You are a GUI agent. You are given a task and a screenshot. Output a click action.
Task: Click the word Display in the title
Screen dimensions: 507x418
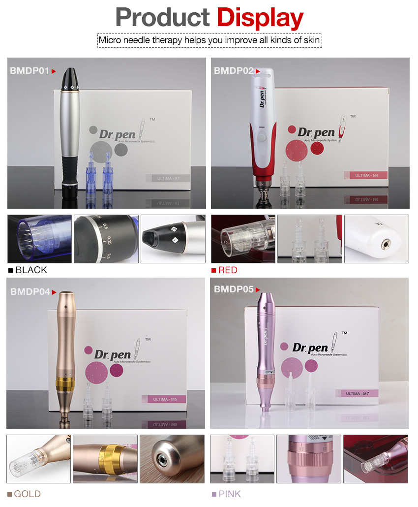point(260,18)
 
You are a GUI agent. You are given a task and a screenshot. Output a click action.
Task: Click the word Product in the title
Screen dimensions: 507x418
point(163,18)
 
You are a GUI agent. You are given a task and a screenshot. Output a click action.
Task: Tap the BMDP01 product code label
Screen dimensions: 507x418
point(30,71)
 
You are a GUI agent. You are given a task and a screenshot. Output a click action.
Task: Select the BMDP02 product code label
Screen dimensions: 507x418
point(233,71)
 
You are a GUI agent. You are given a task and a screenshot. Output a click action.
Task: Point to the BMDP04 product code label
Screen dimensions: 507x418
point(30,292)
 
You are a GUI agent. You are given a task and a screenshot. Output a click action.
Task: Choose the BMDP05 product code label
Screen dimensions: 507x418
point(234,289)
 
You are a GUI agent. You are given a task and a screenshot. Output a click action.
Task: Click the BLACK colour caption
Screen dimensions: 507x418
point(31,270)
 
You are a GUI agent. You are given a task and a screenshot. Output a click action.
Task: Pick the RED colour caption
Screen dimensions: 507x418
point(228,270)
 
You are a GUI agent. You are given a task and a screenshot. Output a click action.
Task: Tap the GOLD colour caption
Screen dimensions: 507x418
point(27,494)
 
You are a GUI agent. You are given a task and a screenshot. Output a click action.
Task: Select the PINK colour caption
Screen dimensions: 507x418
point(230,494)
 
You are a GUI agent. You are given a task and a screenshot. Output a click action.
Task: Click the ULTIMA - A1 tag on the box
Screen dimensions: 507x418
point(168,179)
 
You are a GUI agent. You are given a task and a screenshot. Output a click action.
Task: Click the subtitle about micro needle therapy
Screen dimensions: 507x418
point(209,40)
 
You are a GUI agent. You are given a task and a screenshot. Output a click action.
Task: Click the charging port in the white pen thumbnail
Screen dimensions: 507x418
point(384,242)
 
